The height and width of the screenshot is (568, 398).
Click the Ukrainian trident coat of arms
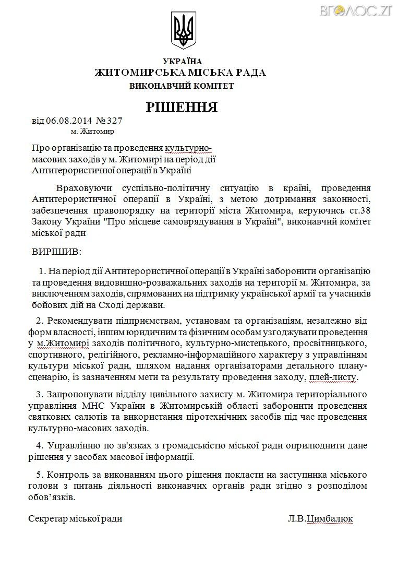(183, 30)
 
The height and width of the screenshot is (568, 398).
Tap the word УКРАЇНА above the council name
(182, 61)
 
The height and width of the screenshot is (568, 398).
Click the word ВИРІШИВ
(57, 252)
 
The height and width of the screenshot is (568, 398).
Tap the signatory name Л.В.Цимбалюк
(320, 518)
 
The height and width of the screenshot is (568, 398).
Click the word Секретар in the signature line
(49, 518)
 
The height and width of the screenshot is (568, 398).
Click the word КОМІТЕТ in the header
(212, 86)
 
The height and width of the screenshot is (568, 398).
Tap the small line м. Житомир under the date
(92, 131)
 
